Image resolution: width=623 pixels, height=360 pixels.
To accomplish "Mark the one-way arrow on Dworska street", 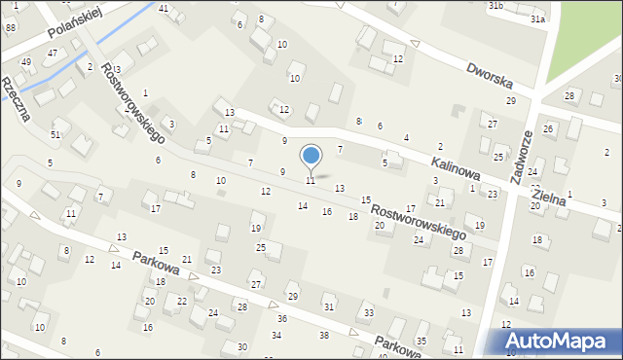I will (416, 44).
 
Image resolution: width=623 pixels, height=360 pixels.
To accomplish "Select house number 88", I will (11, 28).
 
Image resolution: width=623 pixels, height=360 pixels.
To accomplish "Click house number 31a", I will (537, 18).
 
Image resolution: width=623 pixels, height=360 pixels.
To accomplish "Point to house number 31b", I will (495, 6).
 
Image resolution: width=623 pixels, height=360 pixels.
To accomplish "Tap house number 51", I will (55, 134).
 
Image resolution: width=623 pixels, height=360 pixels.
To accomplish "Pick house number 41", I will (164, 9).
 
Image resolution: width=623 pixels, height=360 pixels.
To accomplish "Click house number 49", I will (26, 62).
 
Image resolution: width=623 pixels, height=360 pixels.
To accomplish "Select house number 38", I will (324, 335).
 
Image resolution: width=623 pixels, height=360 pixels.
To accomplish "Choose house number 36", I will (282, 318).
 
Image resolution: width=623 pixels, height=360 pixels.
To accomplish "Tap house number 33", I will (368, 312).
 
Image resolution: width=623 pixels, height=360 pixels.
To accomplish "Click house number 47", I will (53, 54).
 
